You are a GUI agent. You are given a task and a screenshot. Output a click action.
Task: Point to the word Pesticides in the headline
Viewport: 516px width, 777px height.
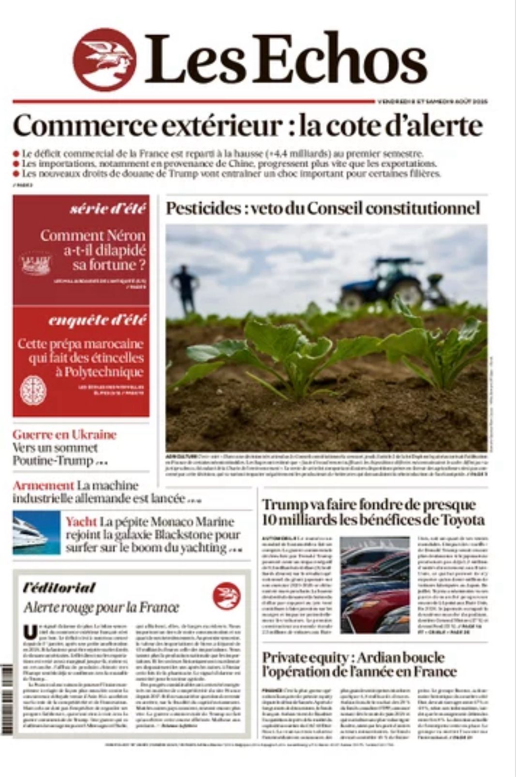204,209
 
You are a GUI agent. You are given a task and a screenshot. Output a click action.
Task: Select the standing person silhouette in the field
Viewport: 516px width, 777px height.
184,288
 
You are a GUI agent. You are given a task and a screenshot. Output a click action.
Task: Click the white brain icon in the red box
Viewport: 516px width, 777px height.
33,390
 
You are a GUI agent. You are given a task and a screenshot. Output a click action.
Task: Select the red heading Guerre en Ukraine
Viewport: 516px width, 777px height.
64,434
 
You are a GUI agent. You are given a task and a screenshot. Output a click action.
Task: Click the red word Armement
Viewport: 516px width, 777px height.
43,485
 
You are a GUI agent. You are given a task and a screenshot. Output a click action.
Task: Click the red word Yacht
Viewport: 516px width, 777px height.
81,522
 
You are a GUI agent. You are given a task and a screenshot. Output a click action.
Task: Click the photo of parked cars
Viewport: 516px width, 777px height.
375,585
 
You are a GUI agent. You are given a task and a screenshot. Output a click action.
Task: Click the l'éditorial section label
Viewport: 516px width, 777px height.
59,588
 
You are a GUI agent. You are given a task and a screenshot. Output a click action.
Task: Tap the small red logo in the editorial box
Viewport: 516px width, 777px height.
226,596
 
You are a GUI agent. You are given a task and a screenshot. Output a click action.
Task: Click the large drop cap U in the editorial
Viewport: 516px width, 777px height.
30,632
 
